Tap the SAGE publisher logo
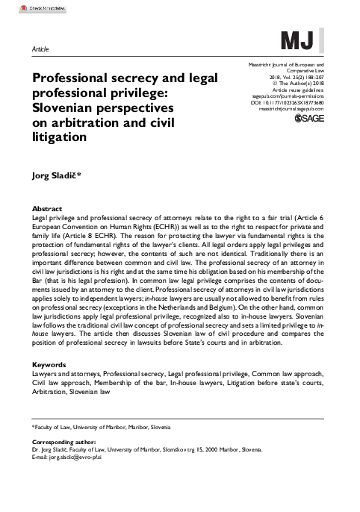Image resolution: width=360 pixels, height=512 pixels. pyautogui.click(x=306, y=119)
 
